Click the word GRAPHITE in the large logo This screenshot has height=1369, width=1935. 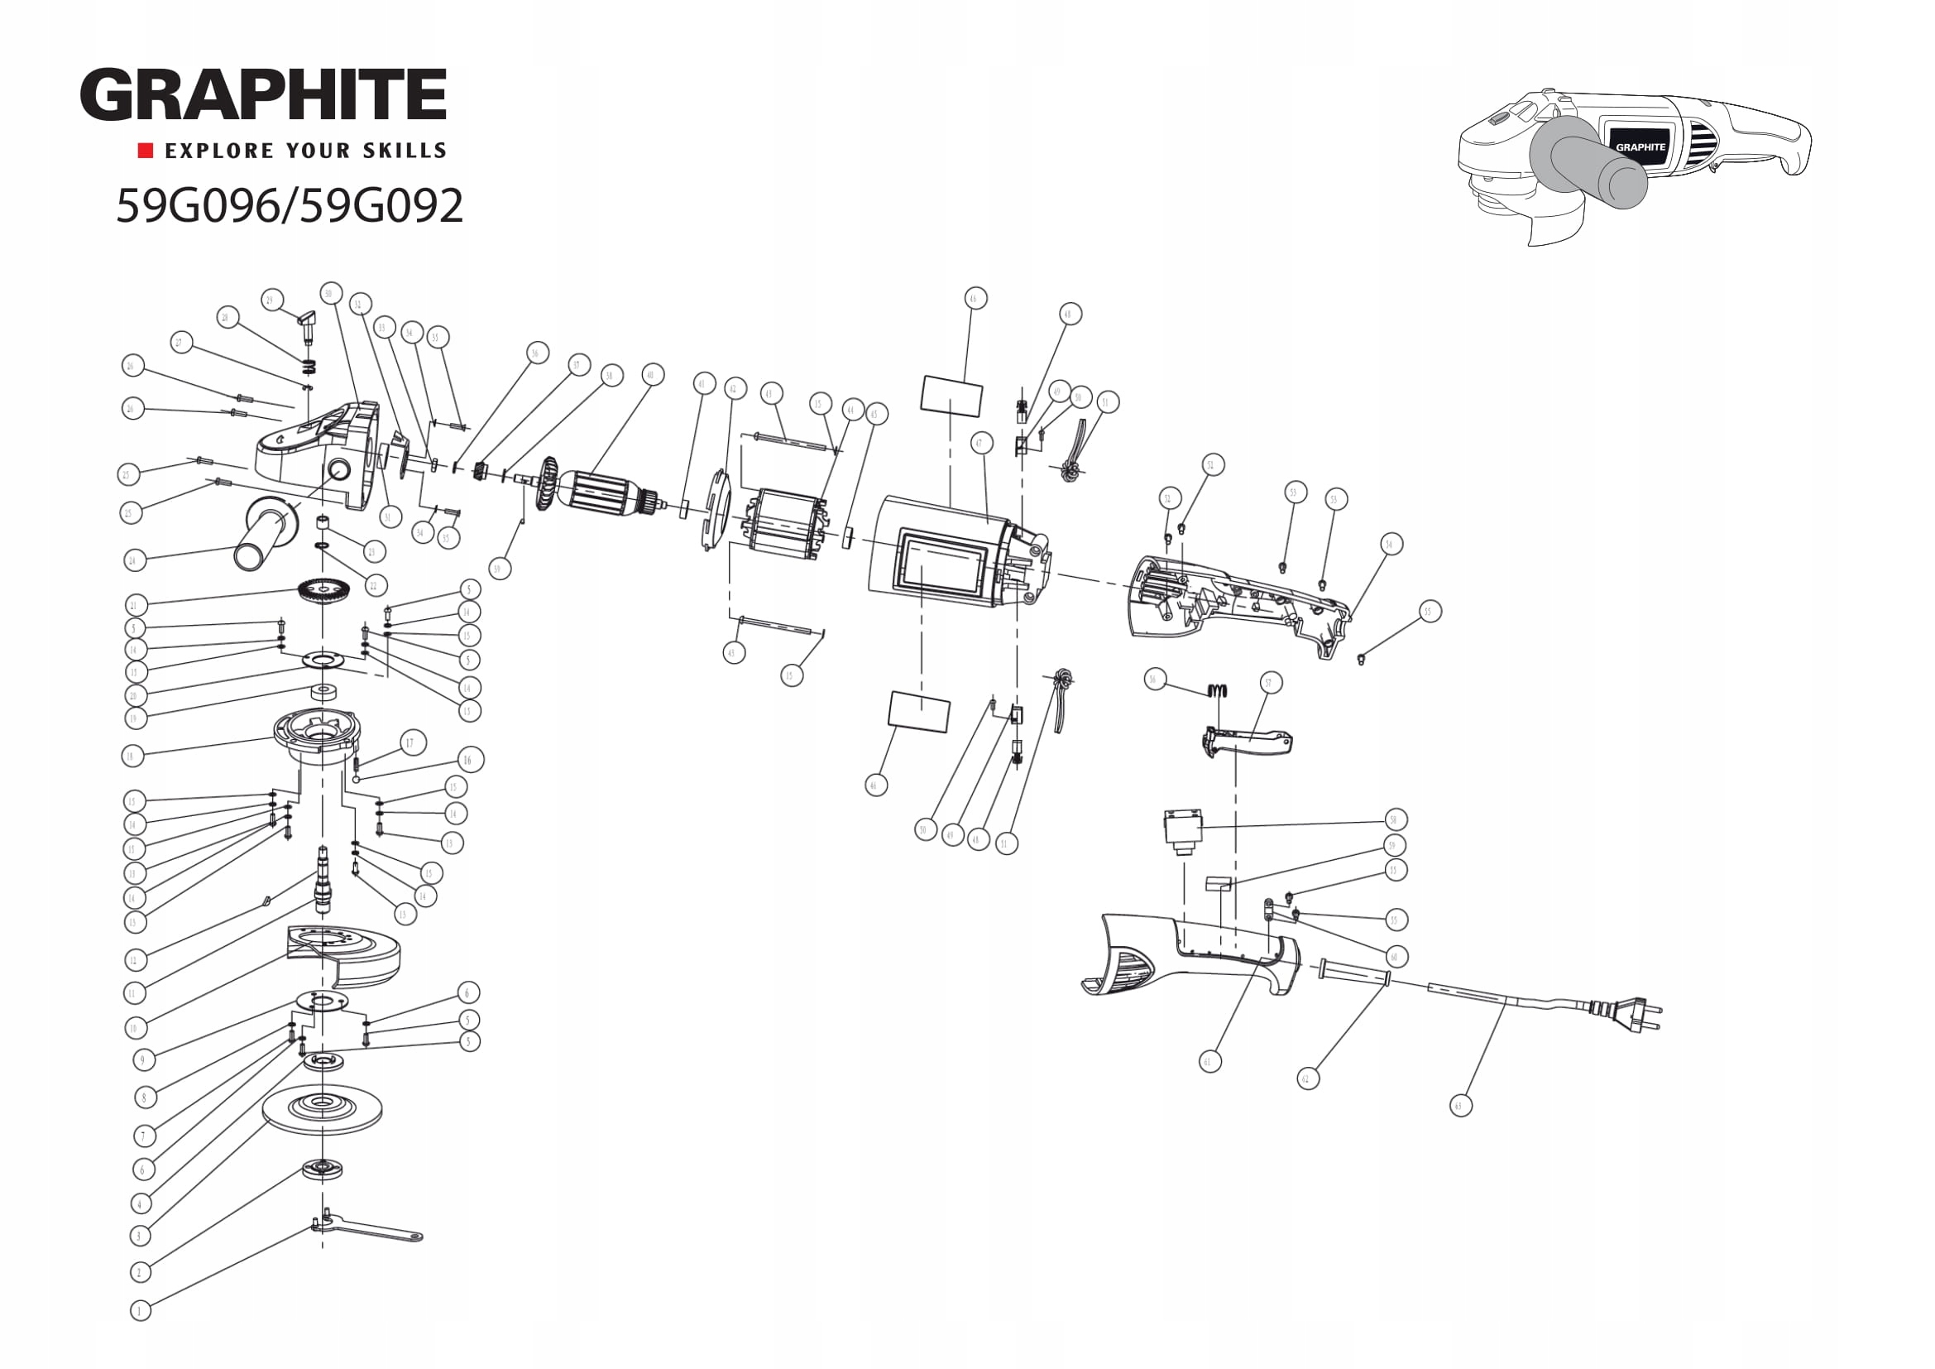click(x=263, y=95)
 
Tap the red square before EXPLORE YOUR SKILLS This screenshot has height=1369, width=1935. click(x=146, y=151)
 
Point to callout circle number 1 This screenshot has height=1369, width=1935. click(x=140, y=1310)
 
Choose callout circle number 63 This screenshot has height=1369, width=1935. click(x=1460, y=1105)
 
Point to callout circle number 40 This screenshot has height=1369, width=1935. click(x=649, y=374)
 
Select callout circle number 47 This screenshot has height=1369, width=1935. click(x=980, y=444)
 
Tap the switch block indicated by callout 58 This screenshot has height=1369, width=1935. click(x=1182, y=831)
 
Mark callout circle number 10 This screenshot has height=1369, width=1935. click(x=134, y=1028)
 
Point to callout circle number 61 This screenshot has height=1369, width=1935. click(x=1209, y=1061)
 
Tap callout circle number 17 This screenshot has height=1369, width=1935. click(x=412, y=742)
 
